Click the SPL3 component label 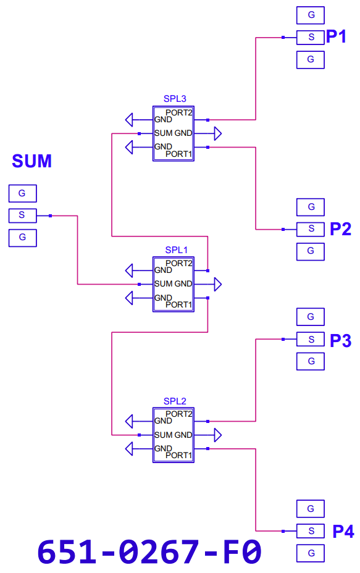click(x=175, y=99)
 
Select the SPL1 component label click(x=176, y=250)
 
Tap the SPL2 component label click(x=175, y=401)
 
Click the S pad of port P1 click(x=311, y=37)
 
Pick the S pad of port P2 click(x=311, y=229)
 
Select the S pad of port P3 click(x=311, y=339)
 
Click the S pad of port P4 click(x=311, y=531)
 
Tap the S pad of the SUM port click(x=23, y=215)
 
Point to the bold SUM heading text click(x=31, y=161)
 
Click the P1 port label click(x=336, y=36)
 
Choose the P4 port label click(x=343, y=532)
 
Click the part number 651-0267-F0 click(x=149, y=551)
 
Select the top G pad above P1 click(x=311, y=15)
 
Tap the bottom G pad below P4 click(x=311, y=553)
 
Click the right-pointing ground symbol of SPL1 click(x=218, y=284)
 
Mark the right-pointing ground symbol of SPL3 click(x=218, y=133)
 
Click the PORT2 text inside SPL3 click(x=178, y=112)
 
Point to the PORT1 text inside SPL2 click(x=178, y=455)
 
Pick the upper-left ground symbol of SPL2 click(x=129, y=421)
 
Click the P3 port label click(x=340, y=341)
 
